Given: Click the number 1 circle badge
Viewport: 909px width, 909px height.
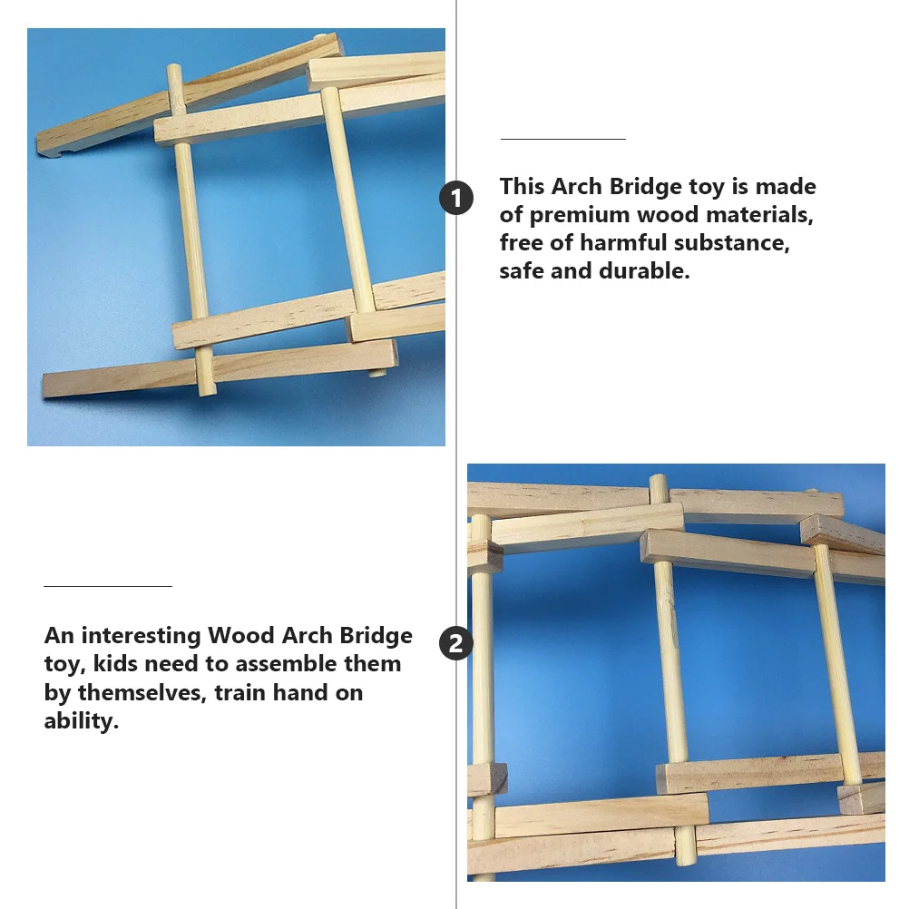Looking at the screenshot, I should [456, 198].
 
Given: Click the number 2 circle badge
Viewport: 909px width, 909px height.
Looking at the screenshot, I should [456, 644].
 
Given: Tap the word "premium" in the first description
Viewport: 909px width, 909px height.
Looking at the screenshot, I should [580, 215].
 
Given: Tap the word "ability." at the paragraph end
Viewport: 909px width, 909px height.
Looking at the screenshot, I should [82, 722].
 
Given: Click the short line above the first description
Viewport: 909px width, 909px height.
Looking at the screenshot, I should [563, 139].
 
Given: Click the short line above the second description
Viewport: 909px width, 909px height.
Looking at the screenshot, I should [107, 587].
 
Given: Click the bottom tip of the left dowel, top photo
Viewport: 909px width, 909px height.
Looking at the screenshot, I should [208, 391].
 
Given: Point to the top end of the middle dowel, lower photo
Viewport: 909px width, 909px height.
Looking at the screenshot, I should [659, 479].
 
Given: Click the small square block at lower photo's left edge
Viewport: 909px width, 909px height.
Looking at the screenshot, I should [486, 778].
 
